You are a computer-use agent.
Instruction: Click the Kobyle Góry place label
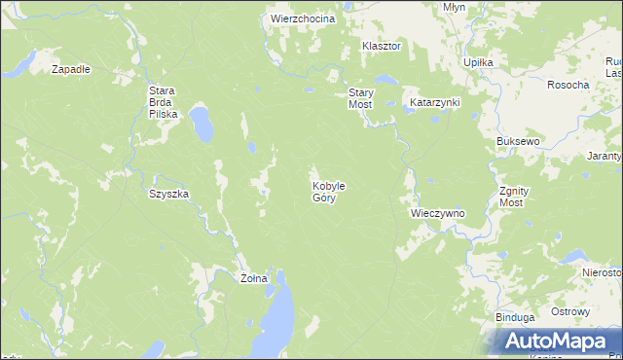click(x=329, y=191)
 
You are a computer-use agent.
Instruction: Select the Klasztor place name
click(x=382, y=46)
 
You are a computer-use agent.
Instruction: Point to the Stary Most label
click(x=361, y=98)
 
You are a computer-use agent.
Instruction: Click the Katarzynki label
click(x=434, y=102)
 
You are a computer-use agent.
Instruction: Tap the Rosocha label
click(x=568, y=85)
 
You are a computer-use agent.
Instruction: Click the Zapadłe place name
click(x=71, y=69)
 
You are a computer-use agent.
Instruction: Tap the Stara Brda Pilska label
click(x=162, y=102)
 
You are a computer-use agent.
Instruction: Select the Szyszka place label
click(x=168, y=194)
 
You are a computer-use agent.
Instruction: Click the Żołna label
click(x=254, y=278)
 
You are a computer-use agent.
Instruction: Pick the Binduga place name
click(x=515, y=317)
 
